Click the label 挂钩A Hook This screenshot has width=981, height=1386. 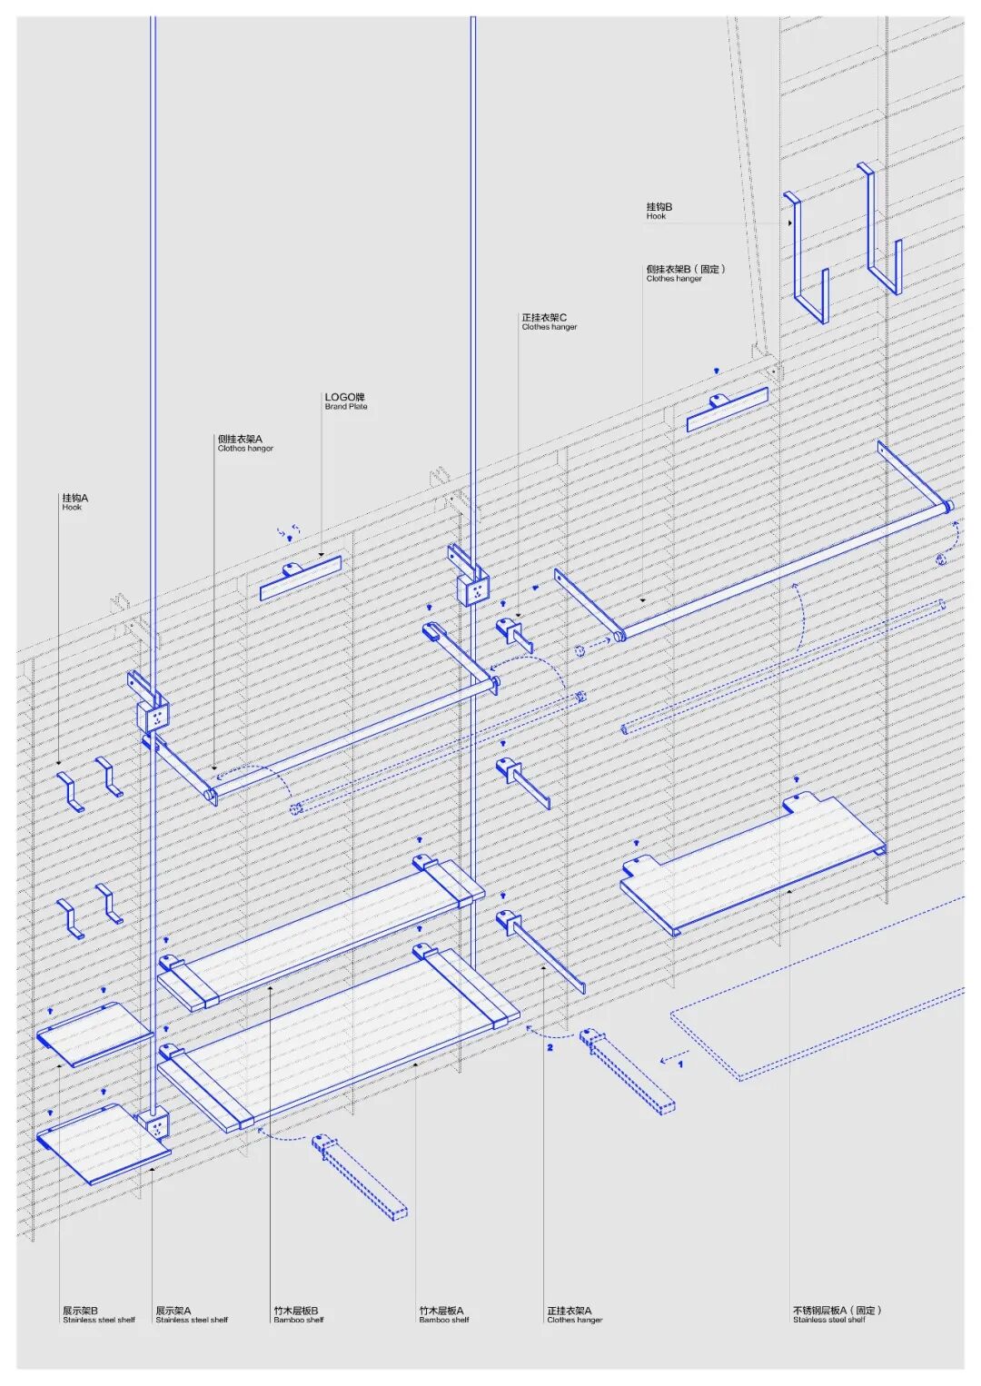[x=74, y=501]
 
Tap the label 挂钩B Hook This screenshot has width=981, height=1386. [x=659, y=211]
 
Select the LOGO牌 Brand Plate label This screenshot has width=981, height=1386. [x=345, y=401]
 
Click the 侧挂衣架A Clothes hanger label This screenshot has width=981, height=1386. [x=244, y=442]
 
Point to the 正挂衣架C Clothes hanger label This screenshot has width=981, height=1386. [x=549, y=322]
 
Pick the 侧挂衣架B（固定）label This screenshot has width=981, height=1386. [x=685, y=272]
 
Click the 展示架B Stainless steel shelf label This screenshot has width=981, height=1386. [x=98, y=1314]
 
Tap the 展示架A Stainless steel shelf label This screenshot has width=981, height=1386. [x=191, y=1314]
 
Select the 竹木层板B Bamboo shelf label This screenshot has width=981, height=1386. [x=297, y=1314]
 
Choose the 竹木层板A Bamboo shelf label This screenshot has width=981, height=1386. [x=443, y=1314]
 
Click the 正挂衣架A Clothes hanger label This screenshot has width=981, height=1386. [x=574, y=1314]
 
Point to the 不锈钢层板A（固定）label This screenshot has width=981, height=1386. [x=836, y=1314]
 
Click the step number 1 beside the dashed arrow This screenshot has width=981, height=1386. [x=680, y=1064]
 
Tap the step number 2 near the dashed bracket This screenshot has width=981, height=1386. [x=550, y=1047]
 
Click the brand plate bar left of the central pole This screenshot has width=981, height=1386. [x=301, y=579]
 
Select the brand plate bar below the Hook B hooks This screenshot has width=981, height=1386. [x=728, y=410]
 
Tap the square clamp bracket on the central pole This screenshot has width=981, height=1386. [x=474, y=589]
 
